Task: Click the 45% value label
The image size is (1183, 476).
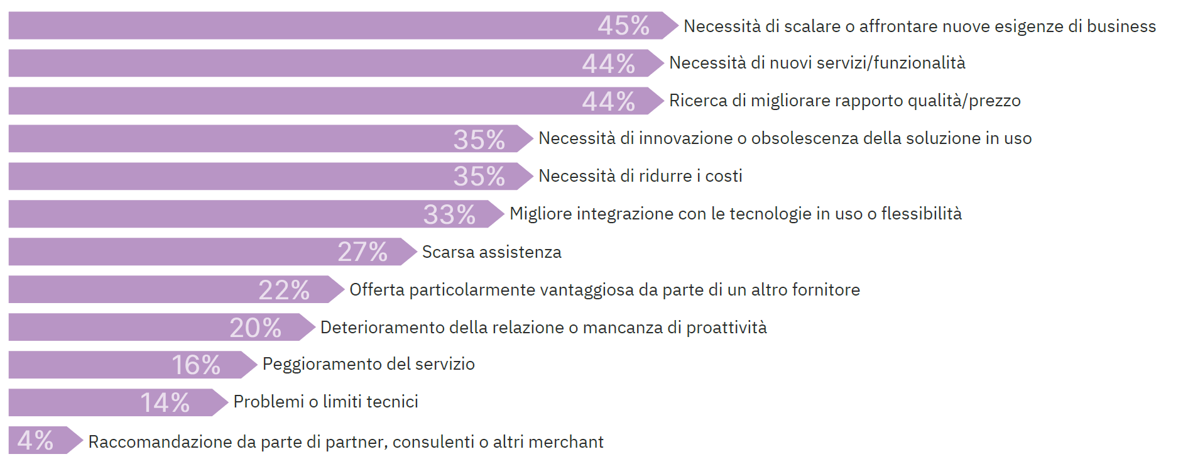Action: click(623, 26)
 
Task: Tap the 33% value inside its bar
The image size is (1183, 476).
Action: click(449, 214)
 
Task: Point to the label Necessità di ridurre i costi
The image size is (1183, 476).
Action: click(640, 176)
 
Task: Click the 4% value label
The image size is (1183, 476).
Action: click(35, 440)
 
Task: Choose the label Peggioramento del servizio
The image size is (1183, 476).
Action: click(368, 364)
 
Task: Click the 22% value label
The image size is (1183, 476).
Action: click(284, 290)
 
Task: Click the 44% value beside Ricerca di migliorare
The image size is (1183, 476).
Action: click(608, 101)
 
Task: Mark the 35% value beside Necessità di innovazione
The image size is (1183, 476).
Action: click(479, 139)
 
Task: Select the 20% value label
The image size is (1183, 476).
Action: click(255, 328)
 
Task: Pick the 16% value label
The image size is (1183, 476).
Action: click(196, 365)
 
